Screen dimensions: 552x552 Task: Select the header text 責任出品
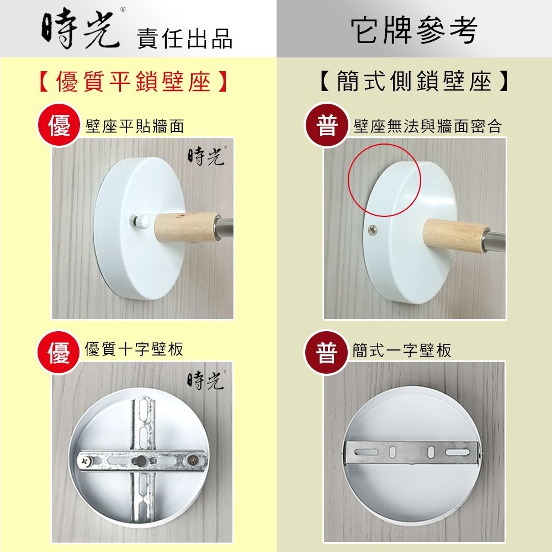pos(185,39)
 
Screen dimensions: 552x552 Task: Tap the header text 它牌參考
pos(414,30)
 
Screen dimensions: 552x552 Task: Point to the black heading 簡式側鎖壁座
pos(414,81)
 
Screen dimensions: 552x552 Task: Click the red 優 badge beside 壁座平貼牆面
pos(59,125)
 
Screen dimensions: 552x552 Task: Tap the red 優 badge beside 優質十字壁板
pos(59,352)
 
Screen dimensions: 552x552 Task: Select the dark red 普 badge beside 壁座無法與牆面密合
pos(326,125)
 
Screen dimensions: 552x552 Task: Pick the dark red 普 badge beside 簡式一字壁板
pos(326,352)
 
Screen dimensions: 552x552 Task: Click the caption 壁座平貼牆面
pos(135,126)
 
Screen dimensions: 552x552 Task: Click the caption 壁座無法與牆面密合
pos(427,126)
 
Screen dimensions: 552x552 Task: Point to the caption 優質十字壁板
pos(134,349)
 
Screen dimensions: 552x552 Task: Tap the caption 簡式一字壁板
pos(402,351)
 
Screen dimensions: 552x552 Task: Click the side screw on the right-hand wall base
pos(373,230)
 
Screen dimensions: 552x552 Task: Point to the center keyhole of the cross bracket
pos(141,460)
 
